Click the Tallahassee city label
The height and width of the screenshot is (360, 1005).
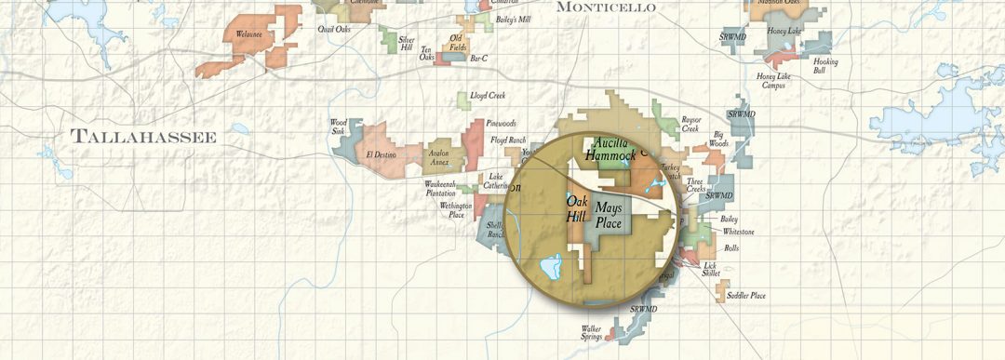(144, 138)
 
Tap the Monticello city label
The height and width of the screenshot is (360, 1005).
(605, 7)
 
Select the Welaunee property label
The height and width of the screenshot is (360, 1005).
(249, 34)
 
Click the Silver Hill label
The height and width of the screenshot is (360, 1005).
(406, 43)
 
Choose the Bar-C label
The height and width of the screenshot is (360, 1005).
(479, 59)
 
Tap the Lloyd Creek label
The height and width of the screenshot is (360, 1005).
(487, 96)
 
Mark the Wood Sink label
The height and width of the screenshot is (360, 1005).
(338, 127)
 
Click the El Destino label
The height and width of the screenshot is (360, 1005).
(382, 154)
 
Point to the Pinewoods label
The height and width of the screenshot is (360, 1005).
(501, 124)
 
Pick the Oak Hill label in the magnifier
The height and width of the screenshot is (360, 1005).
(577, 209)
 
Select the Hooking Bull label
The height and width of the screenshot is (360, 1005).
(825, 66)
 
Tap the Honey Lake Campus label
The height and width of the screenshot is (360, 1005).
(776, 81)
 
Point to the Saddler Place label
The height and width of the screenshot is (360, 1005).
(746, 296)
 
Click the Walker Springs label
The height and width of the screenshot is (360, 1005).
(597, 332)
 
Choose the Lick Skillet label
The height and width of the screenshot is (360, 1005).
(710, 269)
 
